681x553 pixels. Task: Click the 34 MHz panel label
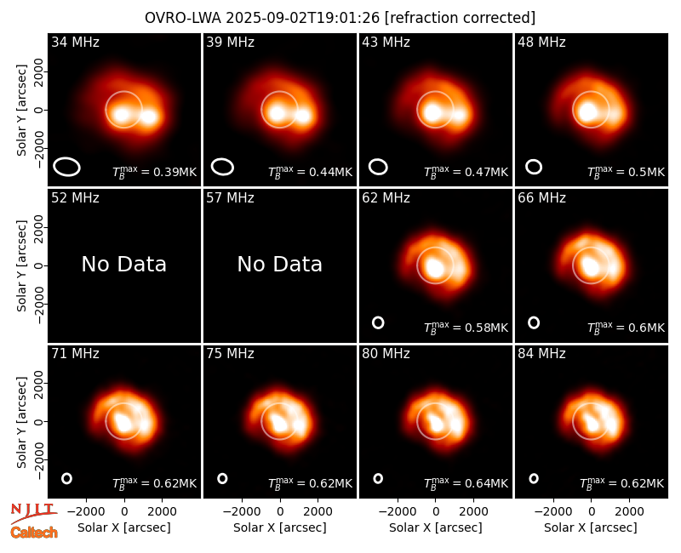[75, 42]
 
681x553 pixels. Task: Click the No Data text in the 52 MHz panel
[123, 264]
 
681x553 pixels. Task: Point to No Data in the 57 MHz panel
[280, 264]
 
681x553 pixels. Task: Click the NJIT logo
[33, 512]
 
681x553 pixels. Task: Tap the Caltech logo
[34, 533]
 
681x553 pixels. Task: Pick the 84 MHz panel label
[541, 354]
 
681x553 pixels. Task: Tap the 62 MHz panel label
[386, 198]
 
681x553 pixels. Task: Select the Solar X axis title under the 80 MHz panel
[436, 527]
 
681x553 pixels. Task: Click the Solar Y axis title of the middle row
[21, 265]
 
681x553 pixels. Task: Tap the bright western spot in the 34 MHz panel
[149, 117]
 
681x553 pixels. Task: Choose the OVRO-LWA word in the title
[183, 18]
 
